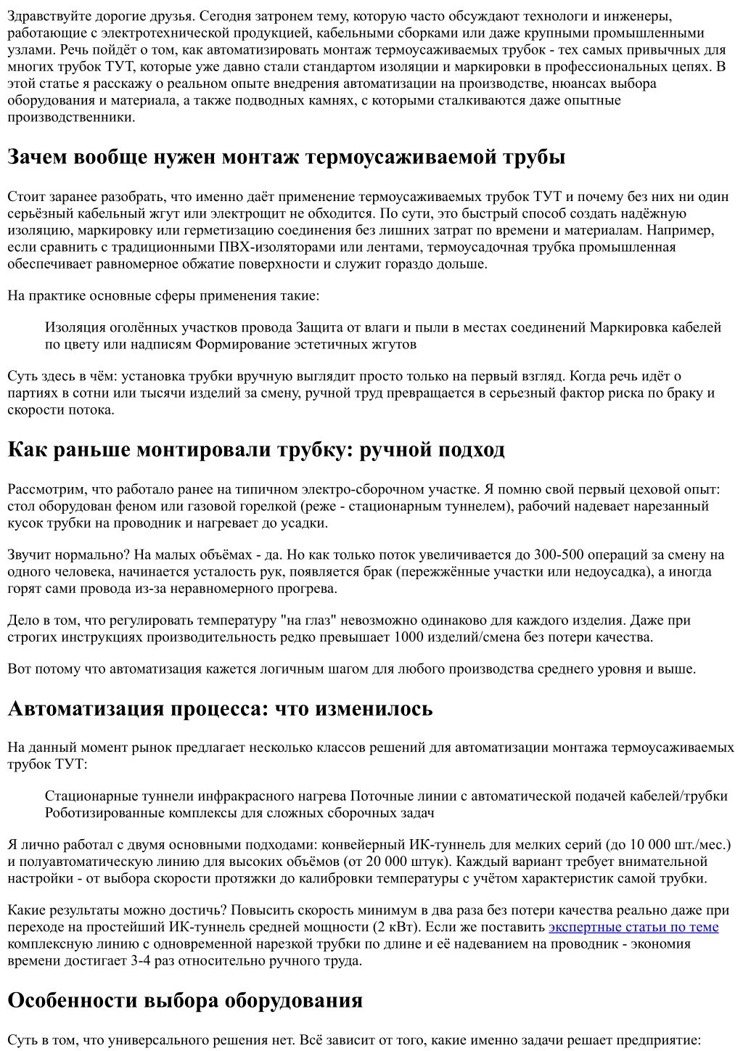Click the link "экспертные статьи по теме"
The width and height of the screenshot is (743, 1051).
point(633,927)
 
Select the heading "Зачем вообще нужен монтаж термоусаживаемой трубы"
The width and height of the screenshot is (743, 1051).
point(286,157)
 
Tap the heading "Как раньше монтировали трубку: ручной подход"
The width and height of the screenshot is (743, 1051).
point(255,449)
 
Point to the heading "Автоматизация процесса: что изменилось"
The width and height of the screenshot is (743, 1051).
point(220,708)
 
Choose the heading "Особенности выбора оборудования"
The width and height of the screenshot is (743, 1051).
point(184,1000)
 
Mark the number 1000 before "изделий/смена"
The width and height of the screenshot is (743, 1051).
point(409,637)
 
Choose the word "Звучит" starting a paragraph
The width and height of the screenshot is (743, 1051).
point(28,555)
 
